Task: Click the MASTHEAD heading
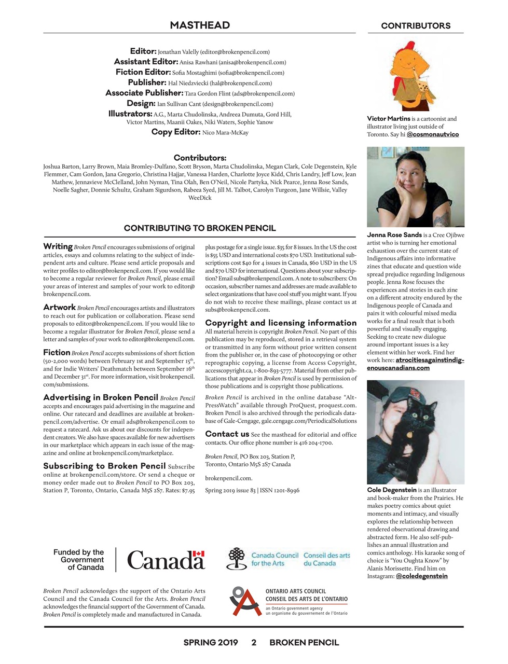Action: click(x=200, y=25)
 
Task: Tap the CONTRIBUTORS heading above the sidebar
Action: click(x=416, y=25)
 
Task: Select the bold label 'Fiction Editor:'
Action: click(x=143, y=72)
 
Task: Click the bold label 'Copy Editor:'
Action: click(x=175, y=132)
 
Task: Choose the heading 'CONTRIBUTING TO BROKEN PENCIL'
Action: click(x=200, y=228)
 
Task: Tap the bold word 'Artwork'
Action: click(x=59, y=307)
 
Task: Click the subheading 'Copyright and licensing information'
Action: click(x=281, y=323)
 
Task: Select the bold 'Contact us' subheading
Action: click(x=227, y=434)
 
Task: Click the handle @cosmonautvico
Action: click(x=433, y=134)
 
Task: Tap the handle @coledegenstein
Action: click(x=421, y=576)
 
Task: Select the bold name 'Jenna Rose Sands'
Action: click(x=394, y=235)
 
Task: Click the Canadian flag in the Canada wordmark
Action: click(x=198, y=554)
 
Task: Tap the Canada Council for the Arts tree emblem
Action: click(x=237, y=559)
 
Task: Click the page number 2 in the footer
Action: click(x=254, y=642)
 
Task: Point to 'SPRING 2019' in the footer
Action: click(x=210, y=642)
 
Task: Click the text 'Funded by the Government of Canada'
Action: click(x=79, y=560)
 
